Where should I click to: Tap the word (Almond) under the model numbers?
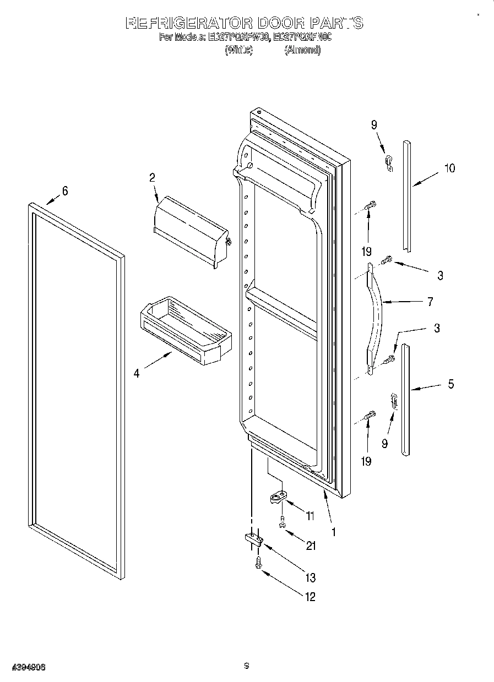click(x=302, y=50)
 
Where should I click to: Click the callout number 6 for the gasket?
click(x=65, y=191)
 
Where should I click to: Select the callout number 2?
click(x=152, y=177)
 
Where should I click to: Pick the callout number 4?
click(x=136, y=373)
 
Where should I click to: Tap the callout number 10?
click(x=449, y=168)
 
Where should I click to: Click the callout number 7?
click(x=430, y=302)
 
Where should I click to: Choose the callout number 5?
click(x=450, y=385)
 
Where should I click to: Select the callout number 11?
click(x=310, y=516)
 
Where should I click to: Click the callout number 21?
click(x=311, y=545)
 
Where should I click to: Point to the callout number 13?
click(x=310, y=577)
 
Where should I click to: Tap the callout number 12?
click(x=310, y=597)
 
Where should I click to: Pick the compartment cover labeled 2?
click(x=190, y=231)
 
